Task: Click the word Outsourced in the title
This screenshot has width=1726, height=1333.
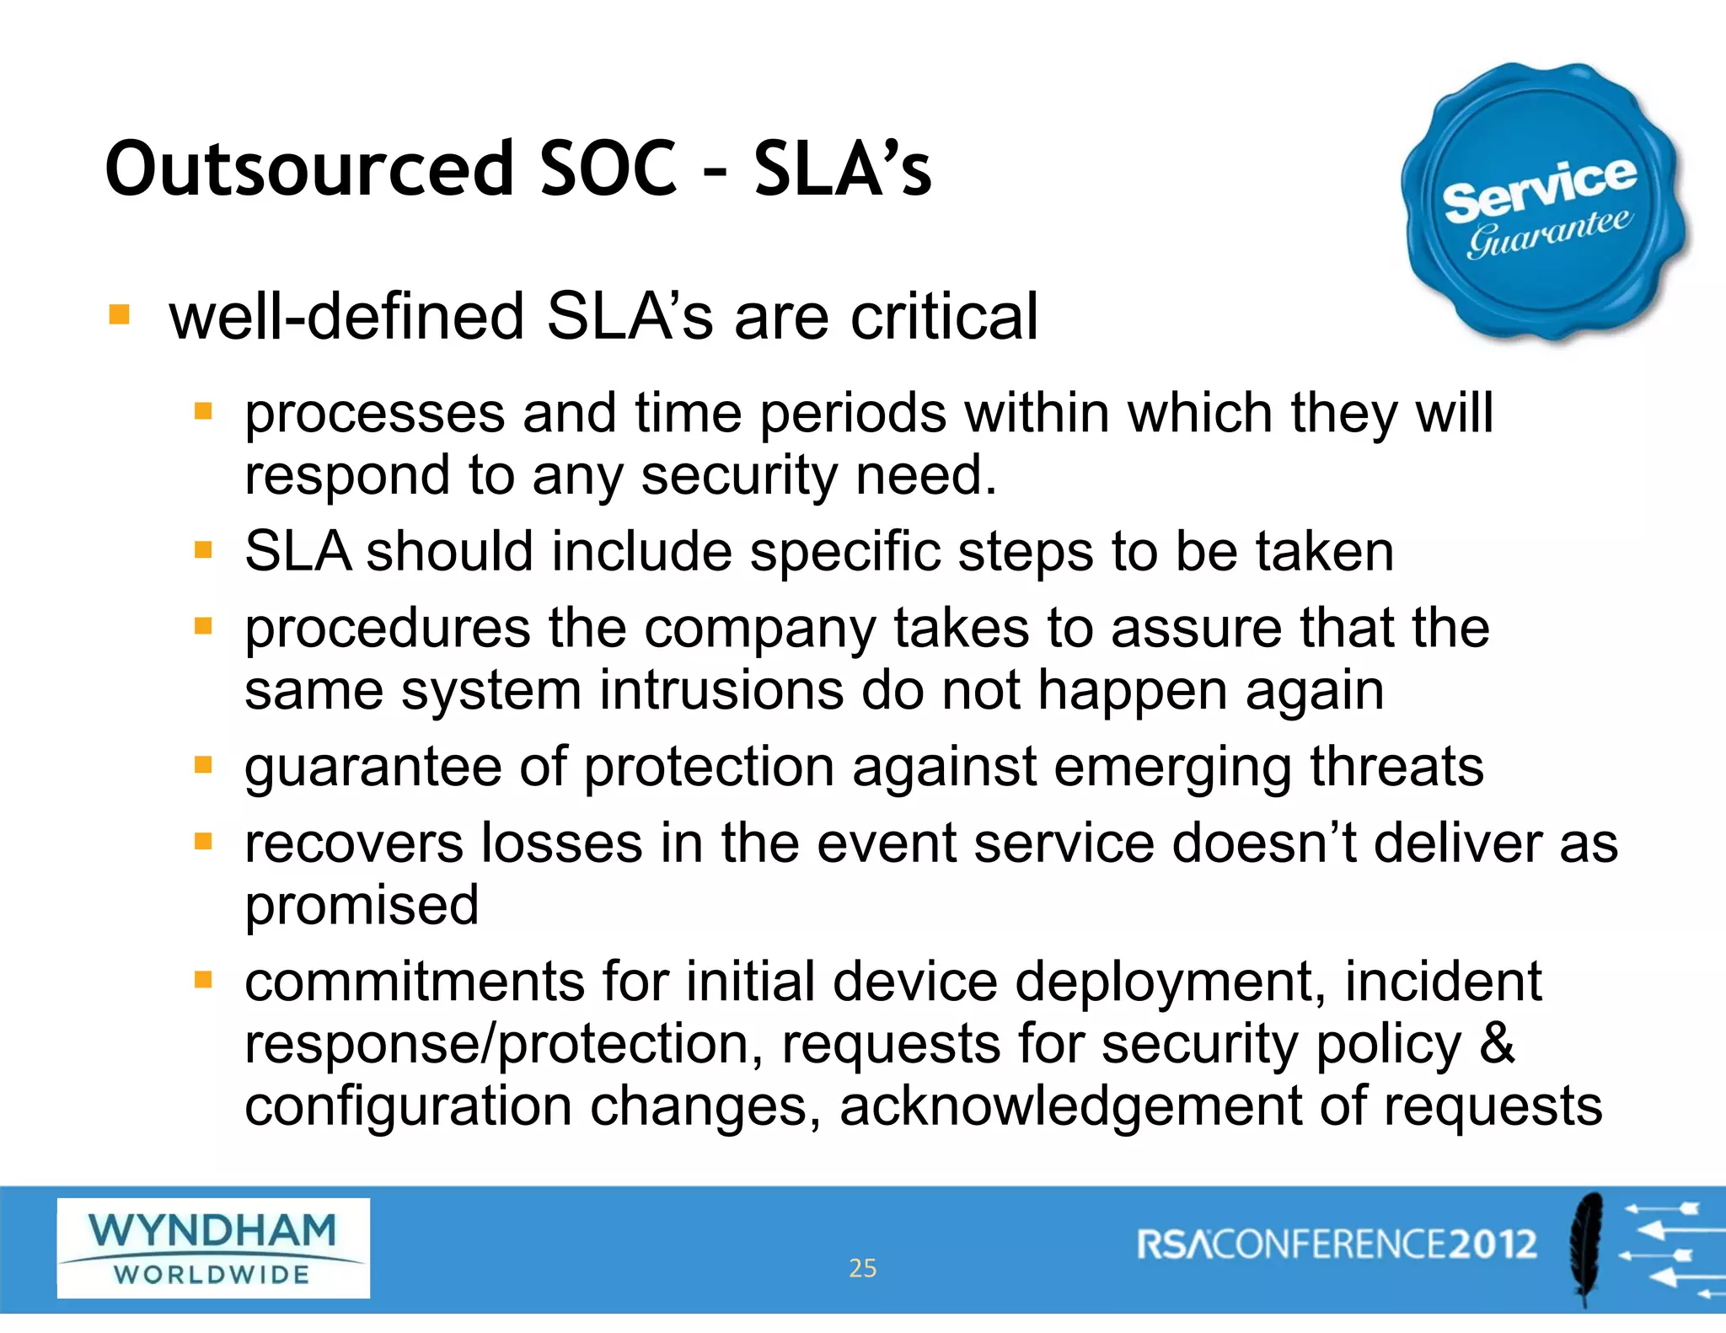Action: (x=309, y=169)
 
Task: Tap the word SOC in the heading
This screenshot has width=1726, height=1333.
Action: (x=608, y=169)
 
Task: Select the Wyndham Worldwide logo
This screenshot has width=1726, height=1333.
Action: (x=213, y=1248)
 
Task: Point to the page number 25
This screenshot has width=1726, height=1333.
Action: (x=862, y=1268)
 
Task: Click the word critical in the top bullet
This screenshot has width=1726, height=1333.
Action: (x=944, y=317)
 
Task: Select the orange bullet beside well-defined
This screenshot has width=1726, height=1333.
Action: (x=120, y=315)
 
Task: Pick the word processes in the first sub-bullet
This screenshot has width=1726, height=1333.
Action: (x=375, y=415)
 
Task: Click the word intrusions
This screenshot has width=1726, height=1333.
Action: (x=721, y=691)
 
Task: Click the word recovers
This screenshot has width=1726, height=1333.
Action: (x=354, y=843)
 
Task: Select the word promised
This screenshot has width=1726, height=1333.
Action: (x=362, y=906)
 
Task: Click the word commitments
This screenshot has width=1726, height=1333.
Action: (x=415, y=982)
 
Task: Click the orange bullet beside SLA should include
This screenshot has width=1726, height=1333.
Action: (x=203, y=551)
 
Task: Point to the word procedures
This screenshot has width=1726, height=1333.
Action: (x=388, y=629)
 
